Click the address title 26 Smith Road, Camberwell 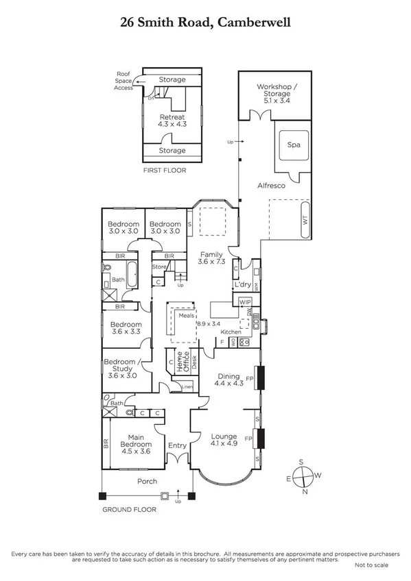click(x=205, y=22)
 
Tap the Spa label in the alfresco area click(x=294, y=145)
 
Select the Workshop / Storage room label click(x=274, y=92)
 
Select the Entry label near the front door click(x=177, y=445)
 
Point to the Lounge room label click(x=224, y=441)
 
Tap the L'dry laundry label click(x=242, y=284)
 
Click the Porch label click(x=147, y=481)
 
